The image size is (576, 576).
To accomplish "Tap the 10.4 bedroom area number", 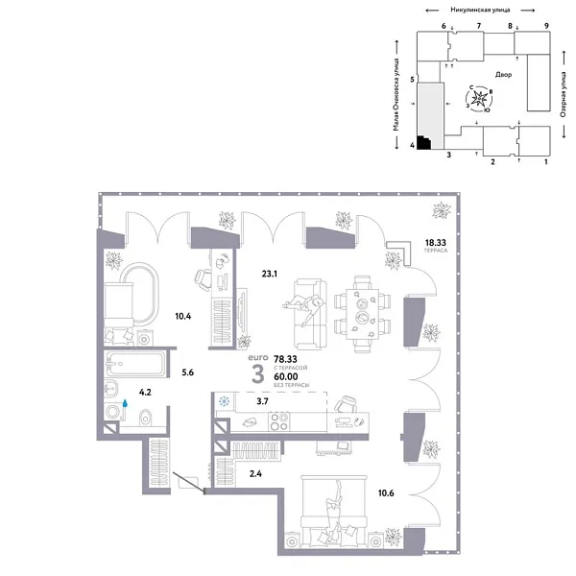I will (x=181, y=315).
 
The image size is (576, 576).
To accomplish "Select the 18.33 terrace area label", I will (x=438, y=245).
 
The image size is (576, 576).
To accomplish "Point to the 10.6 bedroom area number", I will (x=385, y=494).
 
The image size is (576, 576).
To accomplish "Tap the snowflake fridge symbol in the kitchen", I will (x=224, y=403).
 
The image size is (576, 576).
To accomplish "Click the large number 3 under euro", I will (x=257, y=374).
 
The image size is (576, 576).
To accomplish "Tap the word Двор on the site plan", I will (x=505, y=74).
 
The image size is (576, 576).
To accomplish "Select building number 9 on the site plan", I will (x=545, y=25).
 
